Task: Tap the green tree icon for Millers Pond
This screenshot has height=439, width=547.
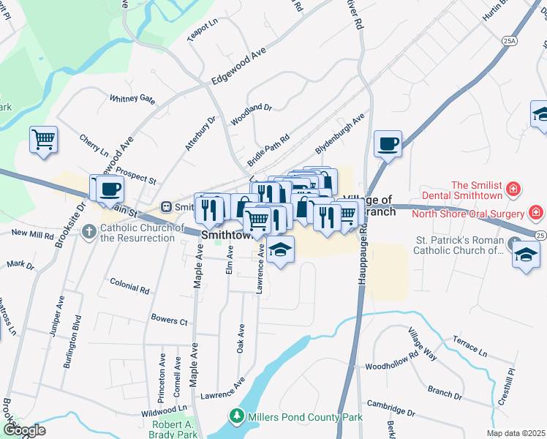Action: pyautogui.click(x=236, y=417)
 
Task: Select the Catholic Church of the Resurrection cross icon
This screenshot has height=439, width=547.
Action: pyautogui.click(x=88, y=232)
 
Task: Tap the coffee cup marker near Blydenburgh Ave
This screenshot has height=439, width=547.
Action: pyautogui.click(x=388, y=143)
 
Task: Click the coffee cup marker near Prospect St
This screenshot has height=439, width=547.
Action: pyautogui.click(x=110, y=189)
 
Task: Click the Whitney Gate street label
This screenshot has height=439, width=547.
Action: pyautogui.click(x=132, y=98)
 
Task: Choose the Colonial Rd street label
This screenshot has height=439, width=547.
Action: pyautogui.click(x=129, y=285)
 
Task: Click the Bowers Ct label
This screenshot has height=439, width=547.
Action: pyautogui.click(x=169, y=320)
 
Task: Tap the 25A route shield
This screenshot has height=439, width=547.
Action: pyautogui.click(x=510, y=41)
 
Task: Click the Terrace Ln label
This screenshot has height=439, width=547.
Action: pyautogui.click(x=469, y=347)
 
